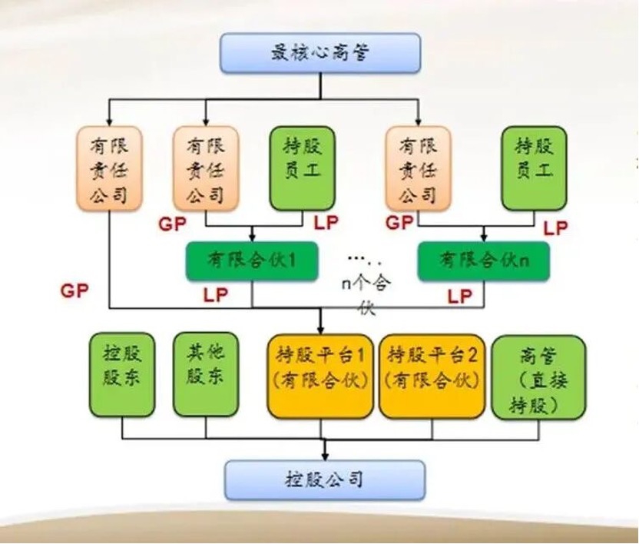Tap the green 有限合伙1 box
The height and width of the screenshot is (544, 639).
253,260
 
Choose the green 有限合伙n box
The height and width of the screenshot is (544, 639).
484,260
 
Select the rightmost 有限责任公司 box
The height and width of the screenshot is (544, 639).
419,168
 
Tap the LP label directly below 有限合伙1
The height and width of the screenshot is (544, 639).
216,295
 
